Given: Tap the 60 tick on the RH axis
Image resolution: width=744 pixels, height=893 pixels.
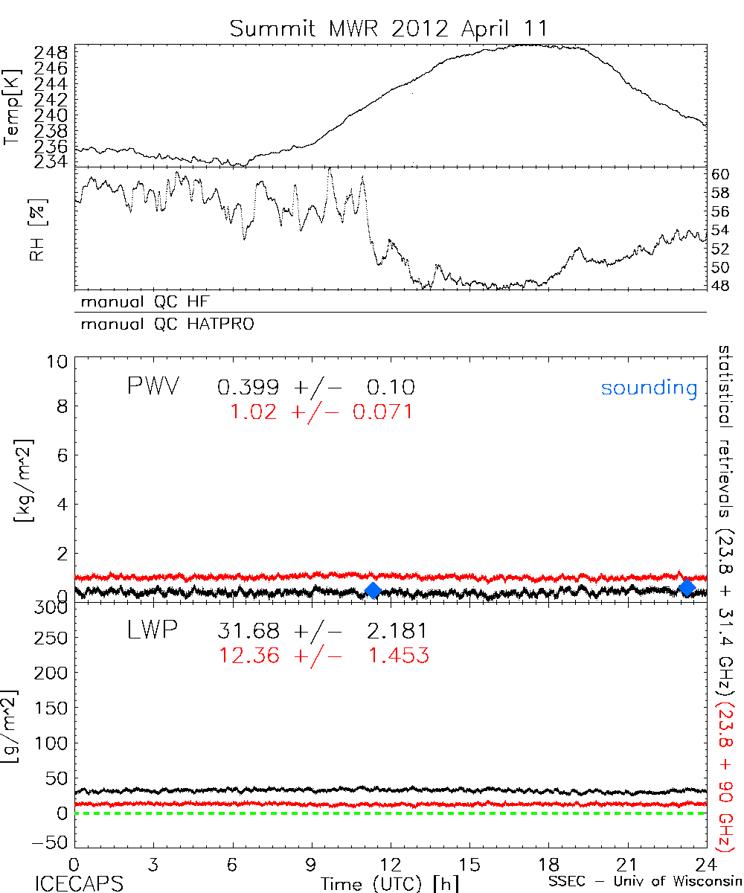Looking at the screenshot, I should [x=721, y=175].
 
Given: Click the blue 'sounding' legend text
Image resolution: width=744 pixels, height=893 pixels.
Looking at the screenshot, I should [x=650, y=388].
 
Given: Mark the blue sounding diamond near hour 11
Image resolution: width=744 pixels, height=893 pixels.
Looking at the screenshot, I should [x=373, y=590].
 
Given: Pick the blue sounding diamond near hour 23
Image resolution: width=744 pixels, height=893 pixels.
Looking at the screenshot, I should [x=687, y=588].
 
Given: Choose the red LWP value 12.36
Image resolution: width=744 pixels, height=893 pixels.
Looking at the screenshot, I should [x=248, y=656].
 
